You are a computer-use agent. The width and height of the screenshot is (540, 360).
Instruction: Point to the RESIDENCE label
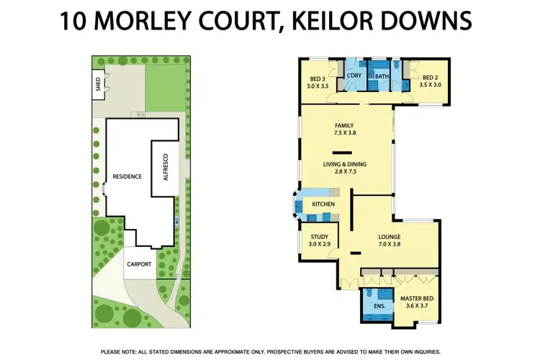127,176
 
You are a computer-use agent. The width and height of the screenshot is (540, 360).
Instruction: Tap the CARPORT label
139,264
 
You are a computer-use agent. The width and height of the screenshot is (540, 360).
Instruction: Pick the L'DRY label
354,76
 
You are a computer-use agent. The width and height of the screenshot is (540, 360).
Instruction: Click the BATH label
382,76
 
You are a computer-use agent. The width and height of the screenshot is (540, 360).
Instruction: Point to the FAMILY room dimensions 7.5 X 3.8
346,133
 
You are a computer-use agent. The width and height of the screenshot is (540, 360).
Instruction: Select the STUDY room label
320,237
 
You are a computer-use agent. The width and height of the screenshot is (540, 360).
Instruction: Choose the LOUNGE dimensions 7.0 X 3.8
389,245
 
